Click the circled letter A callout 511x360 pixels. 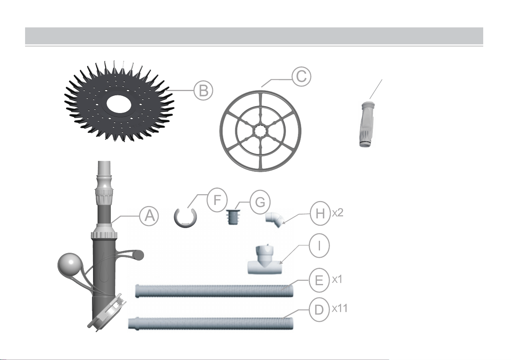click(x=149, y=216)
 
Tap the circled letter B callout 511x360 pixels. click(x=203, y=90)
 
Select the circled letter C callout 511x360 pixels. click(x=301, y=76)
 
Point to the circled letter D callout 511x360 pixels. click(x=319, y=309)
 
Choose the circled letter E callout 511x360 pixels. click(x=319, y=280)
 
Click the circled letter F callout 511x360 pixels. click(x=217, y=200)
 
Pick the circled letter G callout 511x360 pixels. click(x=260, y=202)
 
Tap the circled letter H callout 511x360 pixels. click(x=320, y=213)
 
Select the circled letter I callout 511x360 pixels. click(x=319, y=245)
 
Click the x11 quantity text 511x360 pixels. click(x=340, y=308)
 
